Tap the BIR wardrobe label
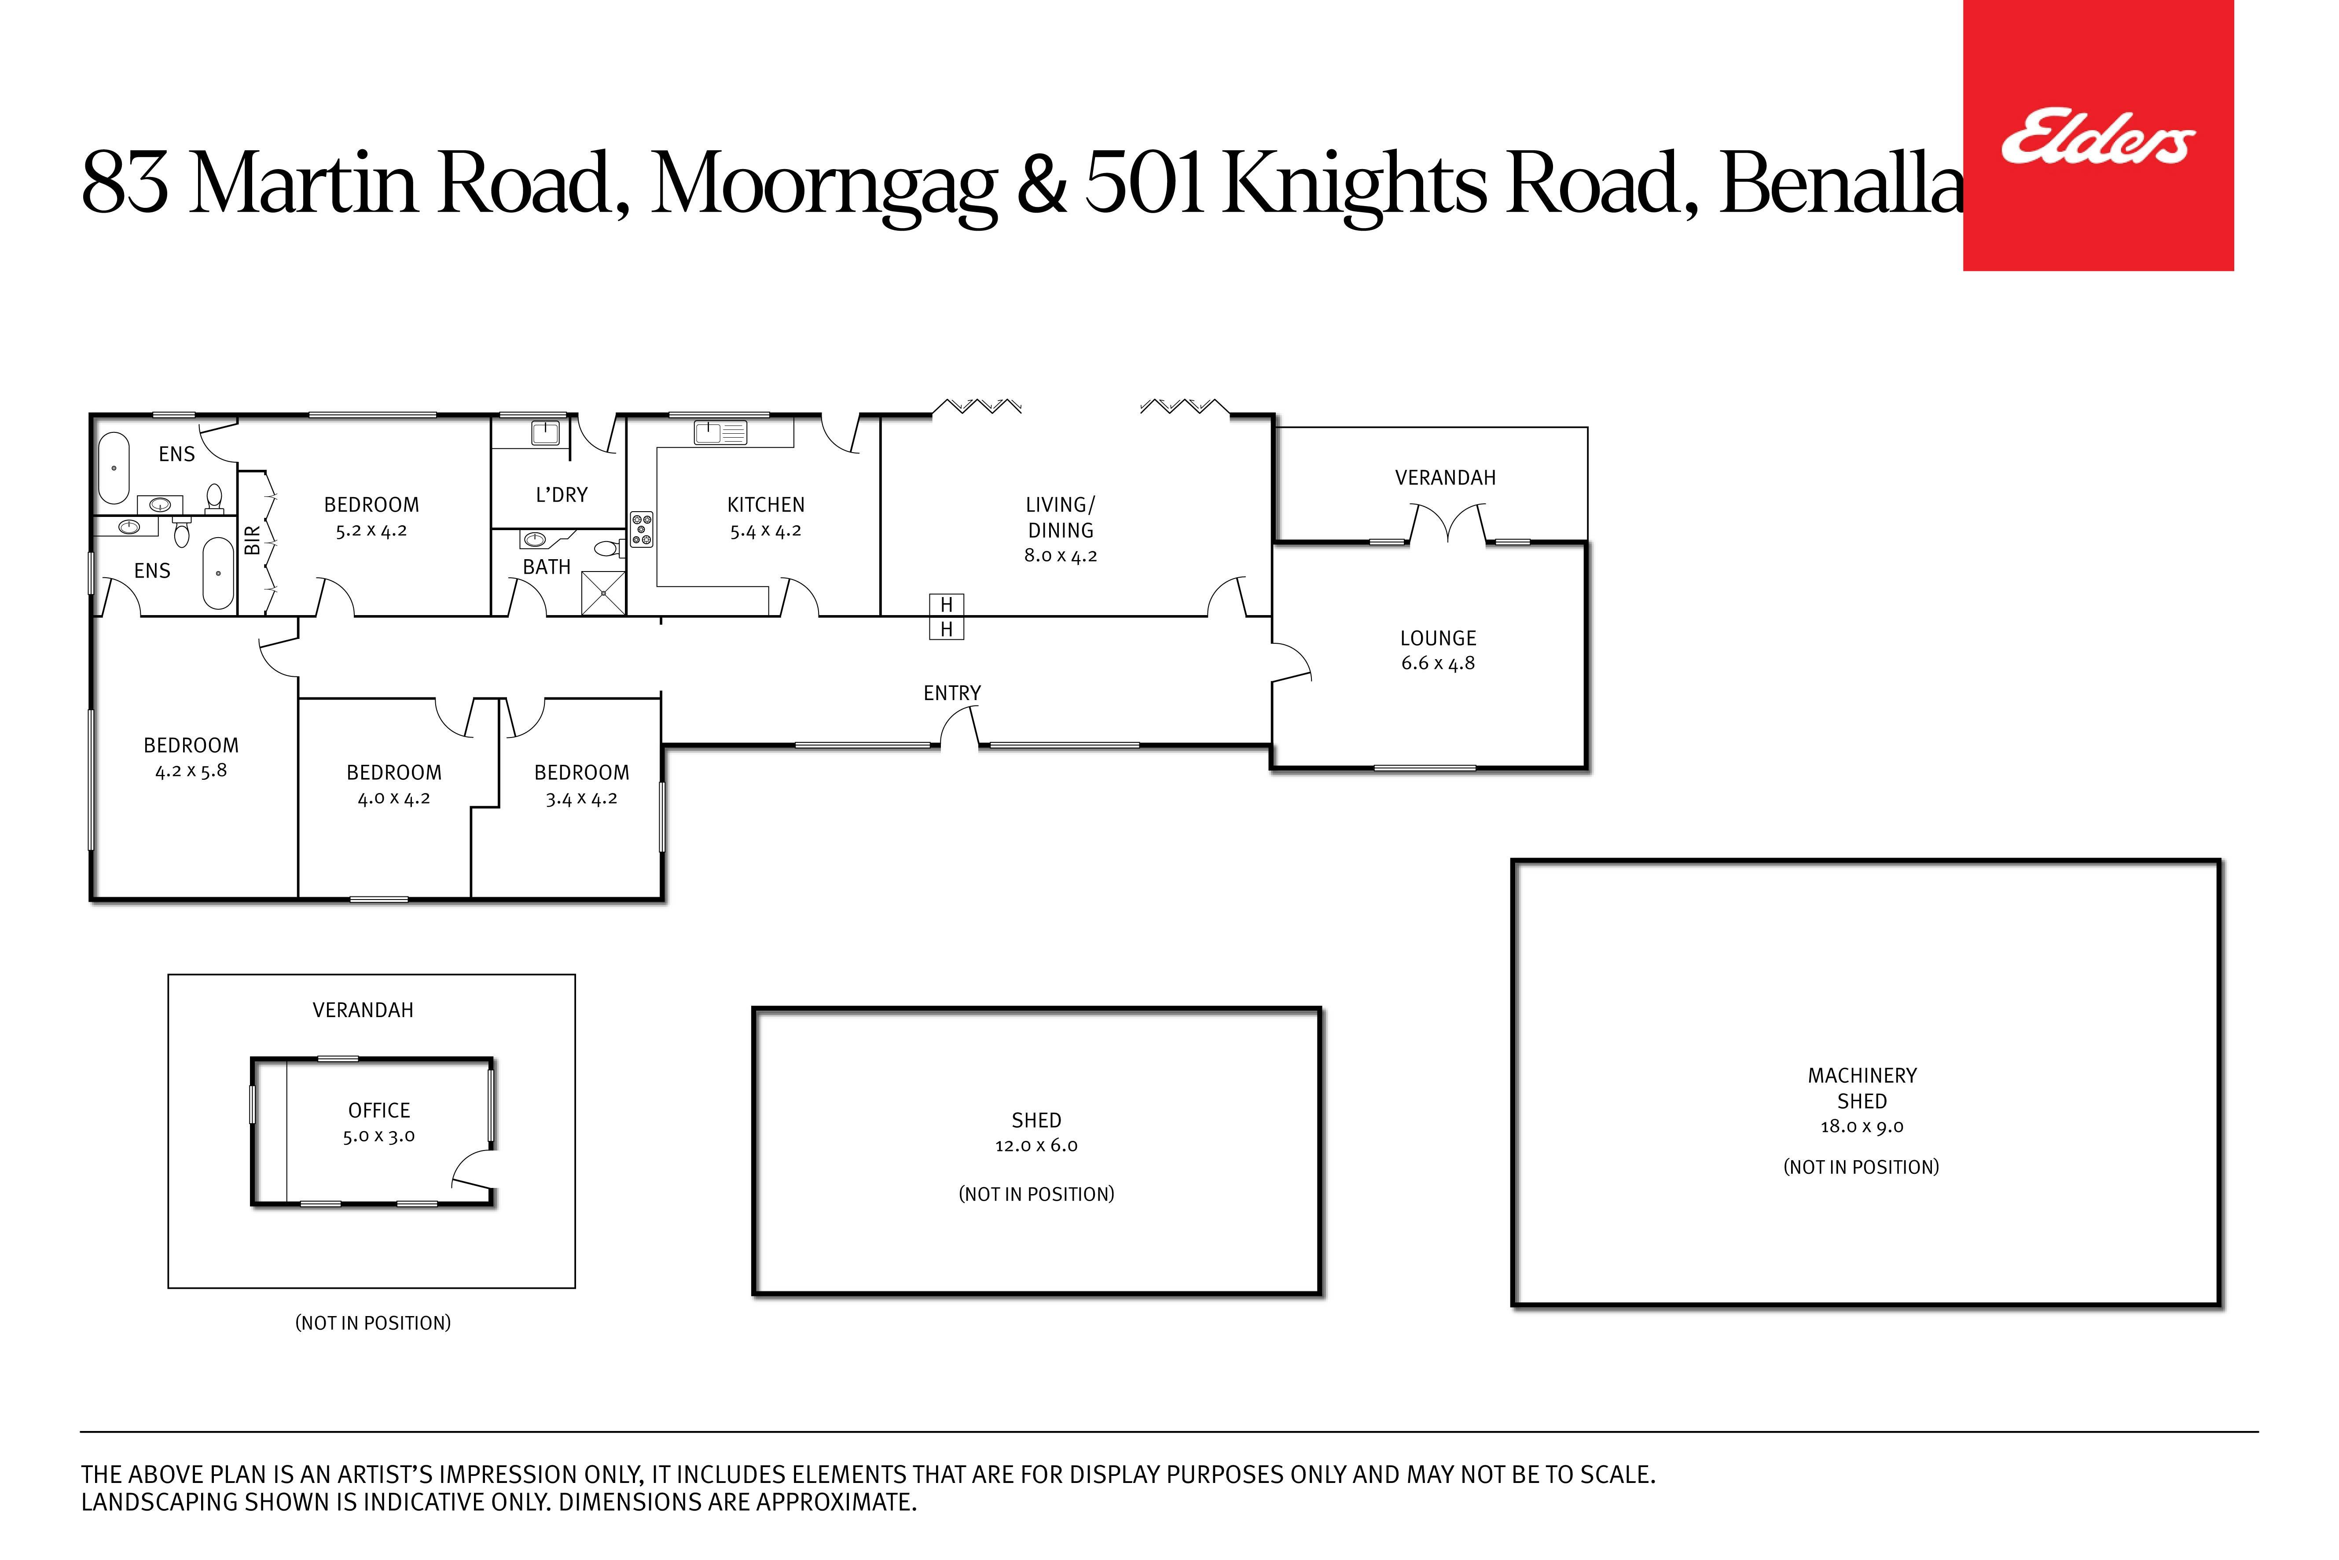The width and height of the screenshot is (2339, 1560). (x=253, y=540)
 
